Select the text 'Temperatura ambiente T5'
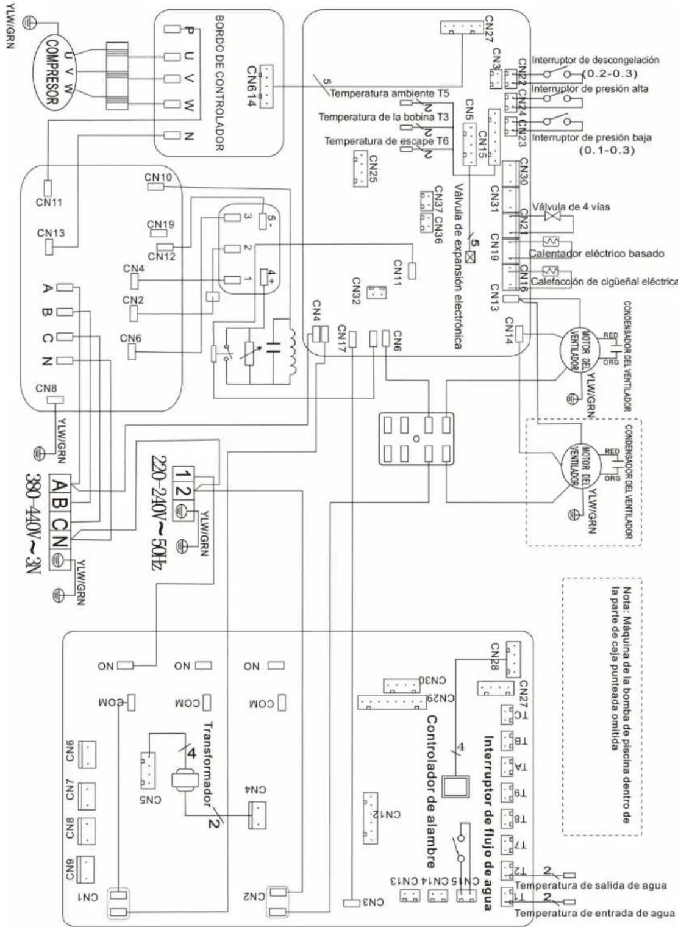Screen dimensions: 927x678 click(390, 94)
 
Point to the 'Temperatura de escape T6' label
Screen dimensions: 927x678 click(387, 141)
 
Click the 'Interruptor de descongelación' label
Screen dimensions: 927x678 click(595, 60)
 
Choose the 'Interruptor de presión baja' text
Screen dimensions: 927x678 click(591, 138)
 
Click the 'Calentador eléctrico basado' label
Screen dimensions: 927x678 click(596, 253)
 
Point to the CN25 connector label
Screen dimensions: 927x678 click(373, 168)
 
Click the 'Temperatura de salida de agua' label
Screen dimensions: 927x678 click(590, 886)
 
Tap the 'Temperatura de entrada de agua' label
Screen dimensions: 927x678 click(594, 913)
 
